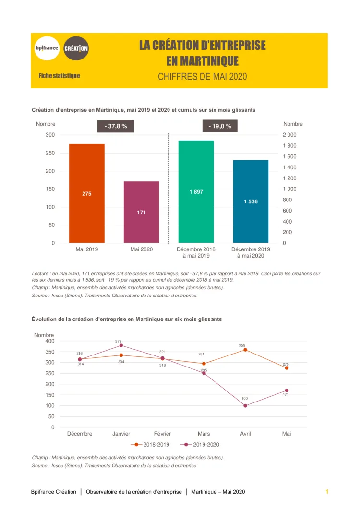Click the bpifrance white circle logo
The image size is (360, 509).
[47, 48]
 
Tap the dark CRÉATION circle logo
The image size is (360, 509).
[76, 48]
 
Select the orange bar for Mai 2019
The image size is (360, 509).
[87, 193]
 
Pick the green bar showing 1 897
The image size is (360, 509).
[196, 191]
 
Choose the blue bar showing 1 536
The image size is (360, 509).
[251, 201]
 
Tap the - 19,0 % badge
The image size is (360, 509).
[220, 126]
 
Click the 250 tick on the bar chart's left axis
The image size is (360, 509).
[50, 153]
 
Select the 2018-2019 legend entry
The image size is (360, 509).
[152, 445]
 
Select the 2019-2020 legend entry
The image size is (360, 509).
[202, 445]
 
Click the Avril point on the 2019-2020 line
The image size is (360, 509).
[245, 406]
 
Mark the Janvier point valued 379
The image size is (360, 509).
[121, 345]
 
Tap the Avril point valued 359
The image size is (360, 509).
[245, 350]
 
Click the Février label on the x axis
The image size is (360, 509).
[163, 434]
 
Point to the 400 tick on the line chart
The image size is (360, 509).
[49, 341]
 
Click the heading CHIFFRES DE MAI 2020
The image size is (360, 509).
[202, 77]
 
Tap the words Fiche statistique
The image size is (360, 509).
[60, 76]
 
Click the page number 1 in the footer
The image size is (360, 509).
[327, 492]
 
